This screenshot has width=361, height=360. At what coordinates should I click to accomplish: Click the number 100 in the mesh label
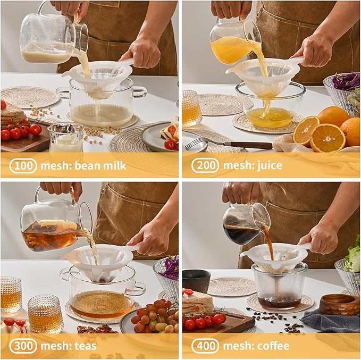coord(23,165)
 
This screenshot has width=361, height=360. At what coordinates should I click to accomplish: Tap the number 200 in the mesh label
coord(205,165)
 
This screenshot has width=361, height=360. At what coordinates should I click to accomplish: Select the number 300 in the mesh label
coord(23,346)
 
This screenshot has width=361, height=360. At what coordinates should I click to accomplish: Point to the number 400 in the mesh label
coord(205,346)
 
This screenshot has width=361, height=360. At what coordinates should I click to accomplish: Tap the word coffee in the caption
coord(273,346)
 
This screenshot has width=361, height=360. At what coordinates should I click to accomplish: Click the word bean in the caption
coord(88,165)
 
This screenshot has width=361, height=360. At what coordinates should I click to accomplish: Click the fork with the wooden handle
coord(229,145)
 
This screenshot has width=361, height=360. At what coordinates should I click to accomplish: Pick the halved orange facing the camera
coord(327,138)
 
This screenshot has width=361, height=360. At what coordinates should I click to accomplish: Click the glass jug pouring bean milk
coord(53,35)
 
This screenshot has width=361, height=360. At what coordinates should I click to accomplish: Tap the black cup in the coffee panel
coord(196,281)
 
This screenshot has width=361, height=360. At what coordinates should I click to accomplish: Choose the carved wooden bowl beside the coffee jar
coord(339,305)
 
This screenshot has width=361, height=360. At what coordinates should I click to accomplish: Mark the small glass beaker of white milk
coord(66,138)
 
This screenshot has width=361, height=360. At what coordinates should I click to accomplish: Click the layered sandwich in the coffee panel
coord(198,302)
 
